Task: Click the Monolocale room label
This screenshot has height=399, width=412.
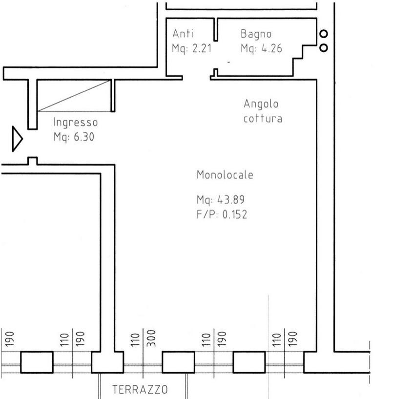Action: [x=225, y=175]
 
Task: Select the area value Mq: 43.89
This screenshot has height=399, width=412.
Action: [x=221, y=200]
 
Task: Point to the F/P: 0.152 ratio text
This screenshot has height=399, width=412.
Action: [x=222, y=214]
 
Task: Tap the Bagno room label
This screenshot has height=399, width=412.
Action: [x=256, y=34]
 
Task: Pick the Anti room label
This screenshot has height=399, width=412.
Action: [x=183, y=34]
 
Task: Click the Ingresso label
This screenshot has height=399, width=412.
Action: [x=76, y=123]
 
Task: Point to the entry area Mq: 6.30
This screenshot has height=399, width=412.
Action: [x=74, y=137]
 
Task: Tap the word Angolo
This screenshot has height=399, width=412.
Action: [x=261, y=104]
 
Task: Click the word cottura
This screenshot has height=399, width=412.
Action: [x=263, y=119]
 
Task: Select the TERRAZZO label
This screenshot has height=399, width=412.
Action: [x=140, y=390]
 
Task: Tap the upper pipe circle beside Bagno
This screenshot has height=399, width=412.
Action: [x=324, y=34]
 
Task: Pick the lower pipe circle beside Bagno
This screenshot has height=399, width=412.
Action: [x=324, y=48]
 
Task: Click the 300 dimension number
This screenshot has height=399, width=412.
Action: [x=151, y=338]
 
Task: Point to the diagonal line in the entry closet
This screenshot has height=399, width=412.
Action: [x=74, y=96]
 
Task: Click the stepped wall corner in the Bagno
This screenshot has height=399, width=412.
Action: [x=303, y=59]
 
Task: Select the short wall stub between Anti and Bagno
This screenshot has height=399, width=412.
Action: [x=216, y=30]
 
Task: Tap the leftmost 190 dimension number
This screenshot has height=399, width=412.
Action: [x=9, y=339]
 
